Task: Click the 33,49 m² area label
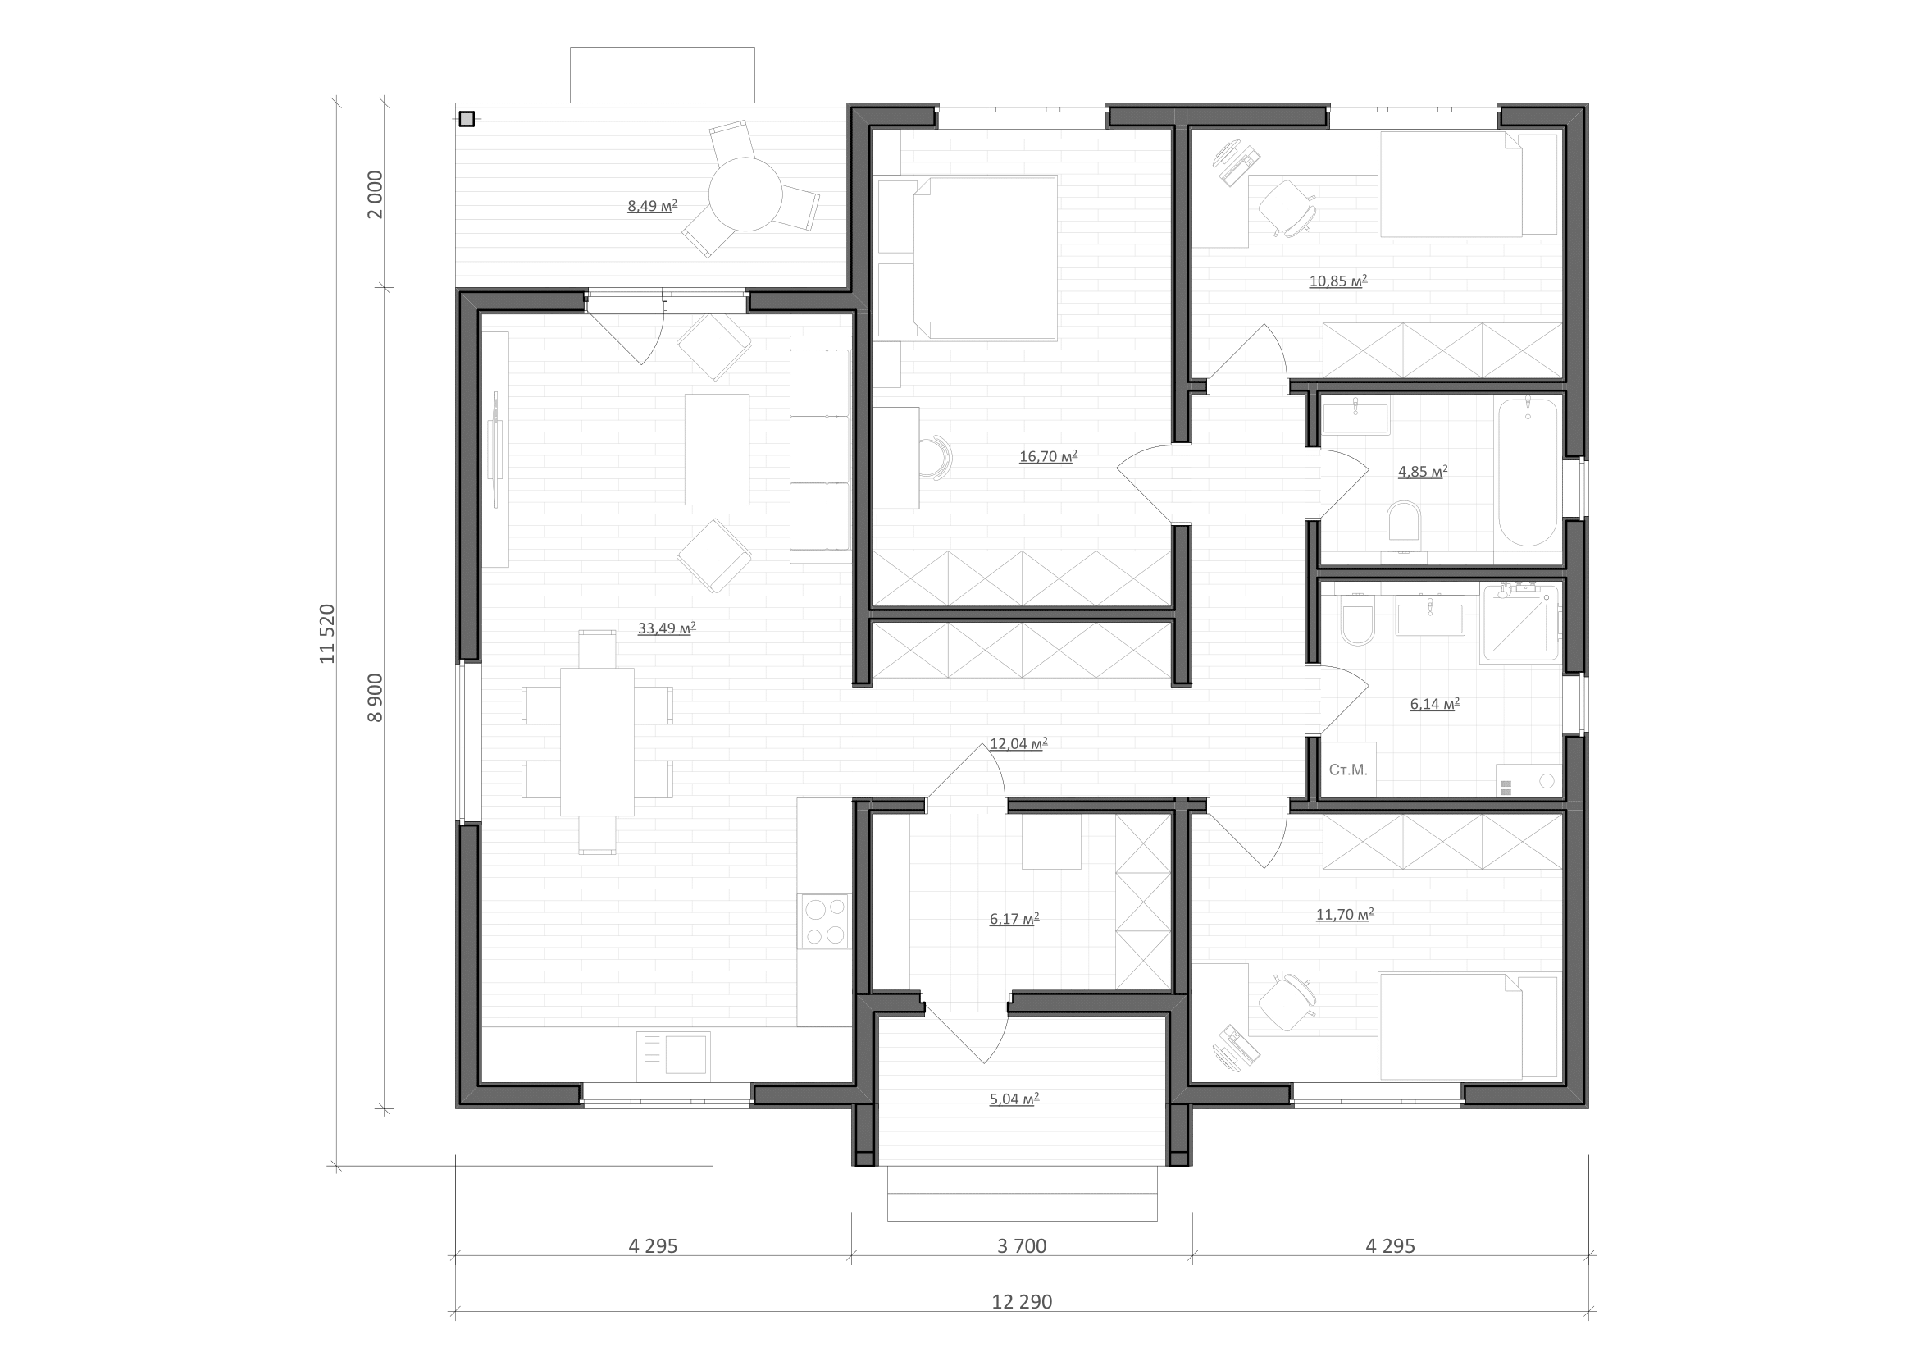pos(667,628)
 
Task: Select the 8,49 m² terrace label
pos(653,206)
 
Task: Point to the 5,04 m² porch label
pos(1014,1099)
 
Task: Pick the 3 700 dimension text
pos(1022,1246)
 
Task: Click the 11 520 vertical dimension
pos(326,633)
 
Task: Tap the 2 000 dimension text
pos(375,194)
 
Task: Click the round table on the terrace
pos(745,194)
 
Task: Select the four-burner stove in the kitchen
pos(826,921)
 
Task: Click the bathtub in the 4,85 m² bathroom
pos(1528,472)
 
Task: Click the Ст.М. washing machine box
pos(1348,770)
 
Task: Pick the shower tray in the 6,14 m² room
pos(1520,623)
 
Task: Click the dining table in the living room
pos(596,741)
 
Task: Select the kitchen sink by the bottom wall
pos(673,1056)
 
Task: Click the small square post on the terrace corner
pos(467,120)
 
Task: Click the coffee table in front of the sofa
pos(717,450)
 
